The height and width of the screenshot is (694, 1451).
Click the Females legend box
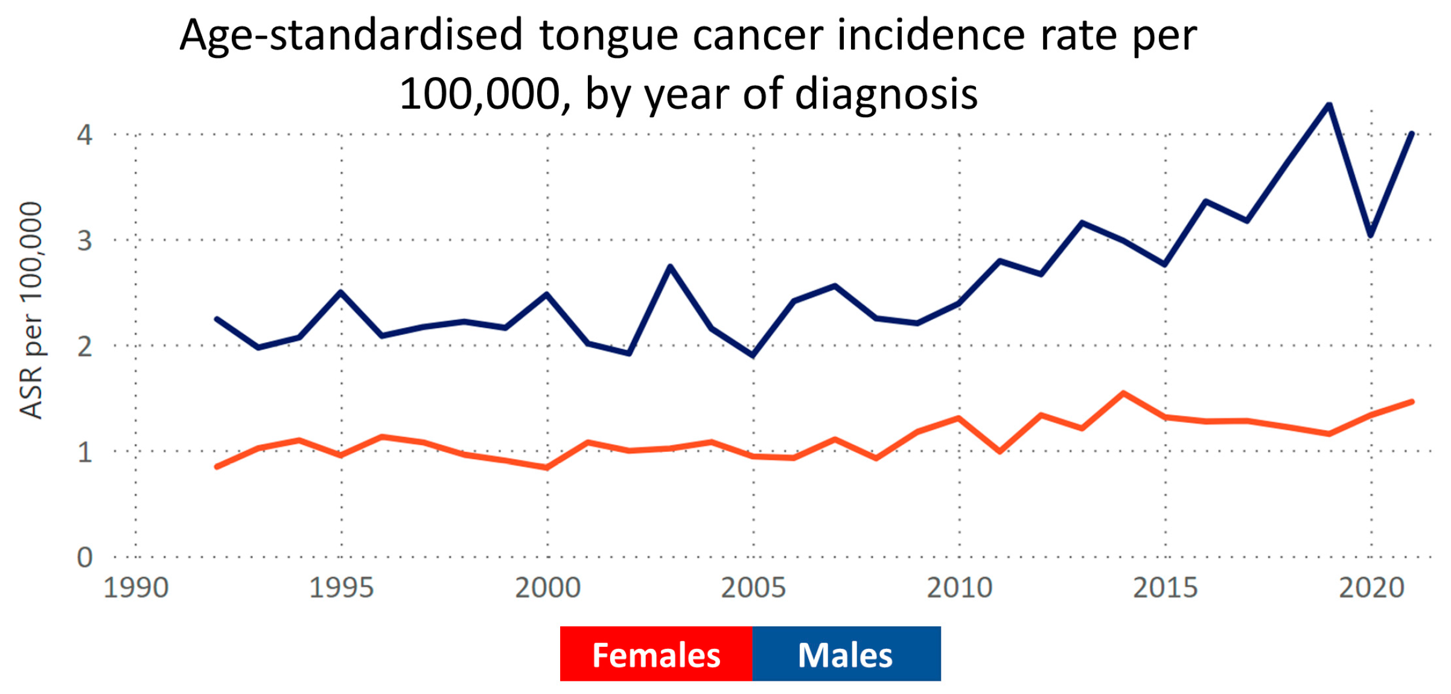coord(655,654)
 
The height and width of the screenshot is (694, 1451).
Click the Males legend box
coord(846,654)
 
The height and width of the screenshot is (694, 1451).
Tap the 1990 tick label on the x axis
coord(135,587)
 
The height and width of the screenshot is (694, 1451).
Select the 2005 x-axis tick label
coord(753,587)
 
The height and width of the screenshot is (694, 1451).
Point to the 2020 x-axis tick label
coord(1371,587)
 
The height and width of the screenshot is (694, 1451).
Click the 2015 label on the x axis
coord(1165,587)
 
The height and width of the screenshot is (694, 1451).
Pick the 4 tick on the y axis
coord(85,135)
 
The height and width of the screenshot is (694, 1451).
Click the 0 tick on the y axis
coord(85,557)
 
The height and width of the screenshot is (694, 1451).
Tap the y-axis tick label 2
coord(85,346)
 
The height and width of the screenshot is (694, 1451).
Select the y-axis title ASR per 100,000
coord(31,310)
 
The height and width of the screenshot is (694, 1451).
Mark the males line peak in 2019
coord(1329,105)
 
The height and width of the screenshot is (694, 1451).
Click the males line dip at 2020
coord(1371,235)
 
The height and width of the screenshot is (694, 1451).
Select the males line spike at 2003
coord(671,266)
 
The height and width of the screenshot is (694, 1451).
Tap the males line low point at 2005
coord(753,355)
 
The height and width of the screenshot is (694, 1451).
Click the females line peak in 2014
coord(1123,393)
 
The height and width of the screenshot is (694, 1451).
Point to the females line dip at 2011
coord(1000,451)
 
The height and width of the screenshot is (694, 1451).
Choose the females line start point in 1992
coord(217,466)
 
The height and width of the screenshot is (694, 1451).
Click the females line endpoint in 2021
coord(1412,401)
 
